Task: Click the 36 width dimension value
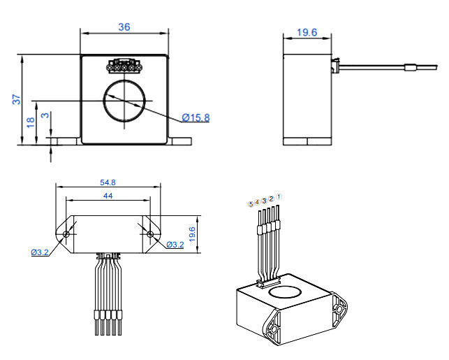point(124,27)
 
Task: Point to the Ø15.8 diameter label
point(196,117)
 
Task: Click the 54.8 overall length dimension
point(108,182)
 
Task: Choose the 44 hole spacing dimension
point(108,196)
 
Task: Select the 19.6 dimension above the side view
point(307,32)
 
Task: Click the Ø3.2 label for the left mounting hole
point(39,252)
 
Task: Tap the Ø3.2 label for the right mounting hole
point(175,245)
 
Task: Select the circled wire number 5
point(251,204)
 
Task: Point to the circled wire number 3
point(264,201)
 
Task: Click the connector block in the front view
point(124,67)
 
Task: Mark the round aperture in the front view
point(124,102)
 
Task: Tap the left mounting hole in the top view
point(66,233)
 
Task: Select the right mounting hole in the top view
point(149,233)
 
